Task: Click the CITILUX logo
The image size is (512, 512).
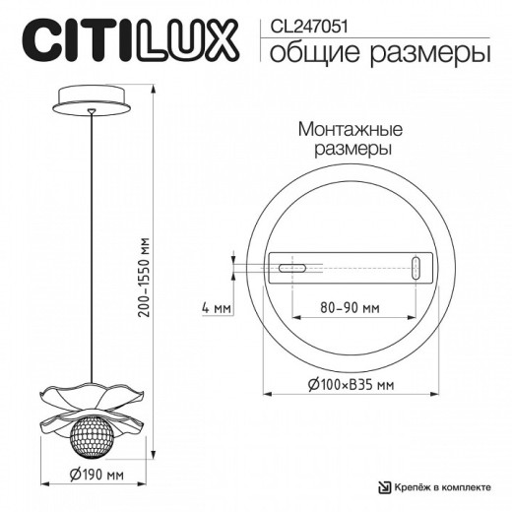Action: [129, 42]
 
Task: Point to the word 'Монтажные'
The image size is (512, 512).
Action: [344, 130]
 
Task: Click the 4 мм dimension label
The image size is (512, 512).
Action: [215, 309]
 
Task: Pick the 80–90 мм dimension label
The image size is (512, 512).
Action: [350, 309]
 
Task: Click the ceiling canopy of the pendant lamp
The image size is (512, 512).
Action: [93, 99]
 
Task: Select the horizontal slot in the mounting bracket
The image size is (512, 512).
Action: [292, 267]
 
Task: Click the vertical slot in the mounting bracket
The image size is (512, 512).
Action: [416, 267]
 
